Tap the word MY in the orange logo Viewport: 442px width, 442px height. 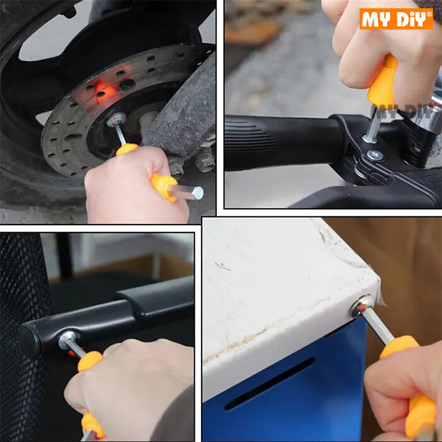[x=376, y=18]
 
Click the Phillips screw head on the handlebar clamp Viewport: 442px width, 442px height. [x=373, y=153]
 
